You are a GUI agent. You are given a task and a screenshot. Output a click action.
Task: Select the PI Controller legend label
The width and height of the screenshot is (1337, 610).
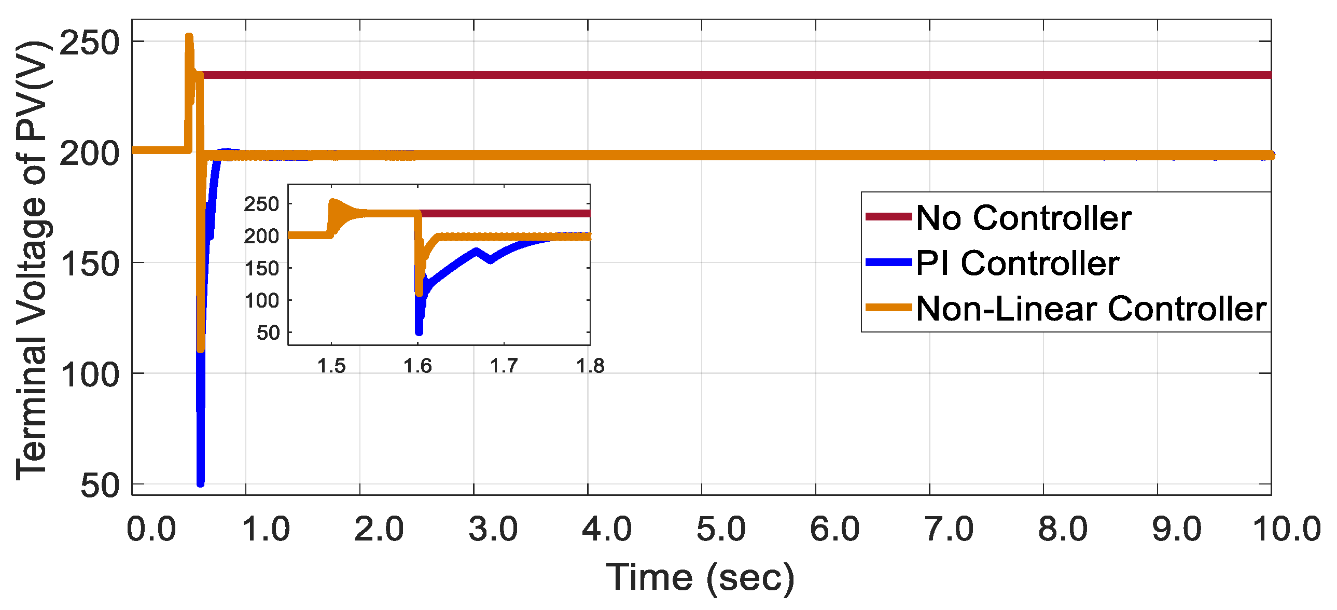coord(1018,263)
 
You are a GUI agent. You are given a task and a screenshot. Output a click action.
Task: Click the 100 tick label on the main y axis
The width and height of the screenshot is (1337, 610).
coord(89,375)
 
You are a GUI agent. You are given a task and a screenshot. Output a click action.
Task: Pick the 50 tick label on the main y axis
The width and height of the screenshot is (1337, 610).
coord(100,486)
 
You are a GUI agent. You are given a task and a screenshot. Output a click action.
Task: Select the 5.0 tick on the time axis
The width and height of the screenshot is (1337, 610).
coord(720,530)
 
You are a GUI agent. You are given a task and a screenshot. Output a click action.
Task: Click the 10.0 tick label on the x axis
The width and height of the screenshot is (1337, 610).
coord(1287,530)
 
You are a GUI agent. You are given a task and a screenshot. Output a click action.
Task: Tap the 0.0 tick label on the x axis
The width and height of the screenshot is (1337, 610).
coord(151,530)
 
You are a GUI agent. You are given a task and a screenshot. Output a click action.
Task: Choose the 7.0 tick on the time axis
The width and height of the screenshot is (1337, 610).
coord(948,530)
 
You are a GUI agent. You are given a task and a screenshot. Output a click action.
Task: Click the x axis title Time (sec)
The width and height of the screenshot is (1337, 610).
coord(700,577)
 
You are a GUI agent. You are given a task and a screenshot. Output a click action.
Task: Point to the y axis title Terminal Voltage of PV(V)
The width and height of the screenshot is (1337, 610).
coord(32,259)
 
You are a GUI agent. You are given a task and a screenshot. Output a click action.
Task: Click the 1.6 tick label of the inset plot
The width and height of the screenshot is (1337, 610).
coord(417,366)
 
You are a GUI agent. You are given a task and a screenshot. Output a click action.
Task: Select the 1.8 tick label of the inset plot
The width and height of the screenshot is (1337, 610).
coord(590,366)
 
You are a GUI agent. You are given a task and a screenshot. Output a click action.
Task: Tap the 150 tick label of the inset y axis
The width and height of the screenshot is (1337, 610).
coord(261,269)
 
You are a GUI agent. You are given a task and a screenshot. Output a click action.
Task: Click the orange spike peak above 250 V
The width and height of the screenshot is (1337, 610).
coord(189,37)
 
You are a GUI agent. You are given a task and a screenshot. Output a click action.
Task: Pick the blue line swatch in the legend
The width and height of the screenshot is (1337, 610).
coord(888,262)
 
